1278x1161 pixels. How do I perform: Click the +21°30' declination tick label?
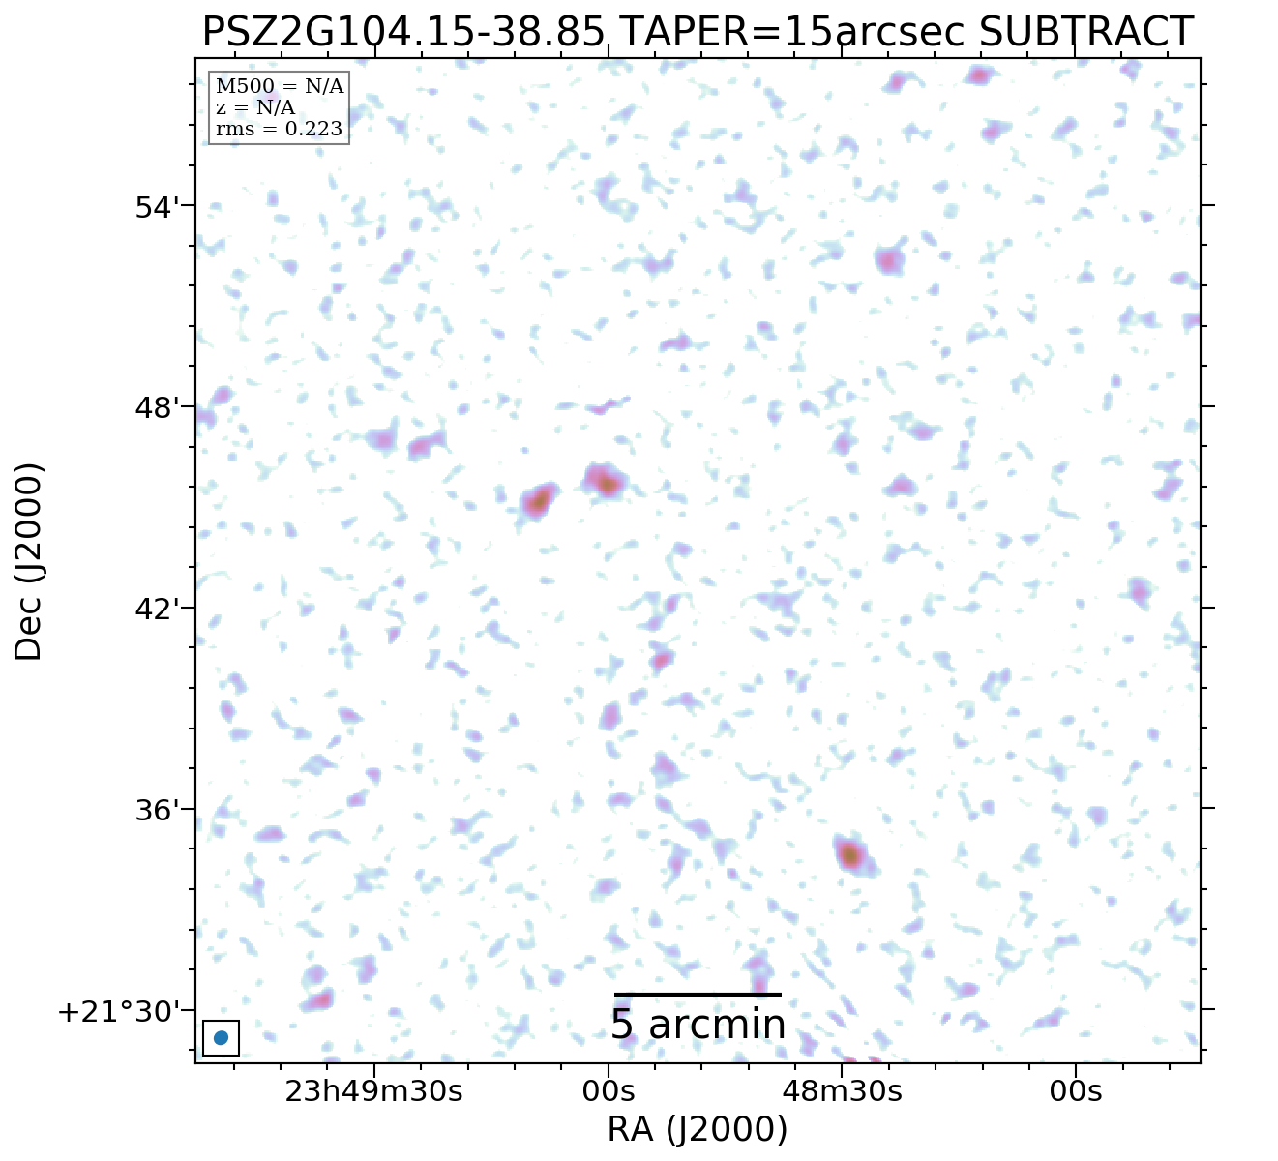(x=120, y=1012)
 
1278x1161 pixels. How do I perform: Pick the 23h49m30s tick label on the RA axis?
(x=373, y=1091)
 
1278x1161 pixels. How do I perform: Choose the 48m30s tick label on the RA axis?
(x=842, y=1091)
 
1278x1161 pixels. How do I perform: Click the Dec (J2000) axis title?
(x=29, y=561)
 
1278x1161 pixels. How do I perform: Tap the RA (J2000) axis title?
(x=697, y=1129)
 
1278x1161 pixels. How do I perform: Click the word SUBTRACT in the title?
(x=1085, y=32)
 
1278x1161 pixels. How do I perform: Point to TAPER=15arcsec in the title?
(x=792, y=32)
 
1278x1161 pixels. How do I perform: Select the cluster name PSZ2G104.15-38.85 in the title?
(x=403, y=32)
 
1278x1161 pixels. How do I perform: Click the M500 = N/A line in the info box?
(x=279, y=87)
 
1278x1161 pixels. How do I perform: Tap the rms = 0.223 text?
(x=279, y=129)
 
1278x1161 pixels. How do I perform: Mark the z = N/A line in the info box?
(x=255, y=107)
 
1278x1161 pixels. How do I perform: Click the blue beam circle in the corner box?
(x=221, y=1038)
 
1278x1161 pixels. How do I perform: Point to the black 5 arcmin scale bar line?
(x=697, y=994)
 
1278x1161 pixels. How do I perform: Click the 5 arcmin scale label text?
(x=697, y=1026)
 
